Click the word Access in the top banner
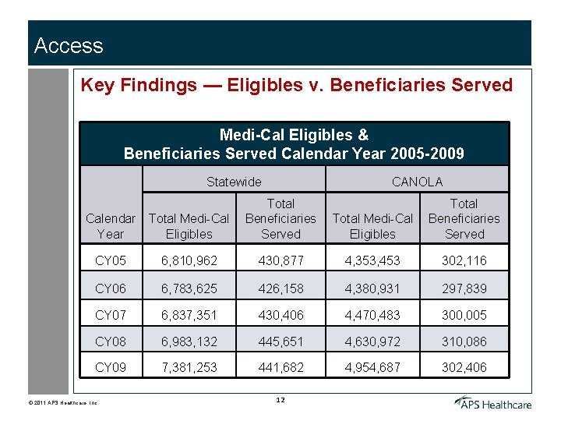pos(69,46)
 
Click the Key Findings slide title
pos(296,85)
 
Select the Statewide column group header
pos(234,182)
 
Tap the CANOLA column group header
pos(417,182)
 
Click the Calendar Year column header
pos(110,226)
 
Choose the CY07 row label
pos(110,316)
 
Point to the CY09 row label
pos(110,367)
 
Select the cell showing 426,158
pos(280,288)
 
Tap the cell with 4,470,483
pos(372,316)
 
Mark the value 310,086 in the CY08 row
pos(464,341)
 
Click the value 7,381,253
pos(189,367)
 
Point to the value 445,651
pos(280,341)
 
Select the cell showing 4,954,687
pos(372,367)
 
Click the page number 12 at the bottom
pos(280,400)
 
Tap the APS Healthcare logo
pos(493,402)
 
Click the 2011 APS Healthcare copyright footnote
pos(66,402)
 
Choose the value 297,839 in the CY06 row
pos(464,288)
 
